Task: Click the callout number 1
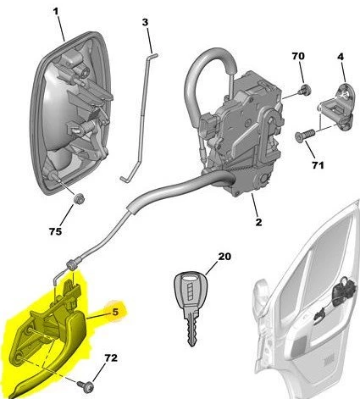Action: click(56, 13)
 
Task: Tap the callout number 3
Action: click(145, 21)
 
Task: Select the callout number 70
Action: click(298, 56)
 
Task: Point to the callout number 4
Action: click(341, 57)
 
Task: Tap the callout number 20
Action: click(223, 257)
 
